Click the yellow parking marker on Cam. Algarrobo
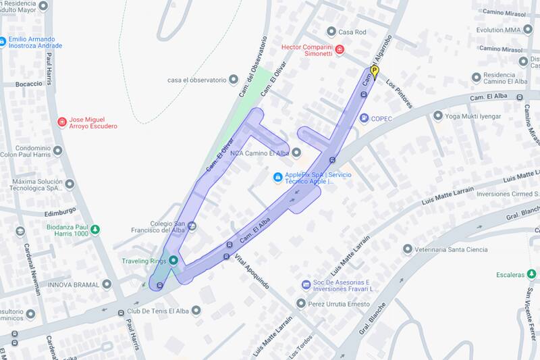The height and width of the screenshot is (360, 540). pos(375,71)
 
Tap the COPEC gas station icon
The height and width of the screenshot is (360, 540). pos(364,118)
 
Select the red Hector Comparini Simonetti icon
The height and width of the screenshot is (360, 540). pos(340,49)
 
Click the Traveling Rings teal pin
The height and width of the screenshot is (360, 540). pos(173,261)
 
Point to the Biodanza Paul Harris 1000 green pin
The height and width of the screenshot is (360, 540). pos(95,229)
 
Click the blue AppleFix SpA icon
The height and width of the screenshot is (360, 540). pos(277,178)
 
